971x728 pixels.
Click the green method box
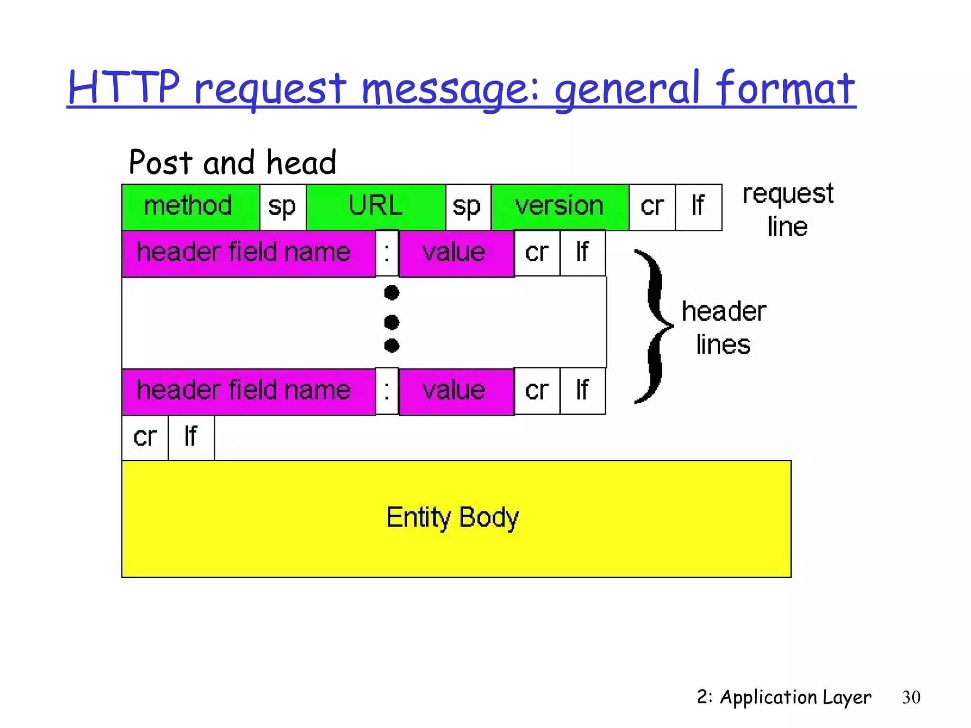pos(190,207)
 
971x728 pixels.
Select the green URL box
pos(376,207)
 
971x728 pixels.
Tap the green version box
pos(560,207)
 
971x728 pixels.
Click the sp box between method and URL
pos(283,207)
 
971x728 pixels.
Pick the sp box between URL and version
pos(467,207)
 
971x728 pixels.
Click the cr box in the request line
pos(652,207)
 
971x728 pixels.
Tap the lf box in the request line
pos(698,207)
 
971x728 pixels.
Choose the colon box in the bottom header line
pos(387,391)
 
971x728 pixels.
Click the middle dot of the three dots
pos(392,322)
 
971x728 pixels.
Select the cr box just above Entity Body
pos(145,437)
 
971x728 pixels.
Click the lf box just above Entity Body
pos(191,437)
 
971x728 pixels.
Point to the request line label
pos(787,209)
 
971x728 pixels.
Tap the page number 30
pos(911,697)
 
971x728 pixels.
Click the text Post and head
pos(232,163)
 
